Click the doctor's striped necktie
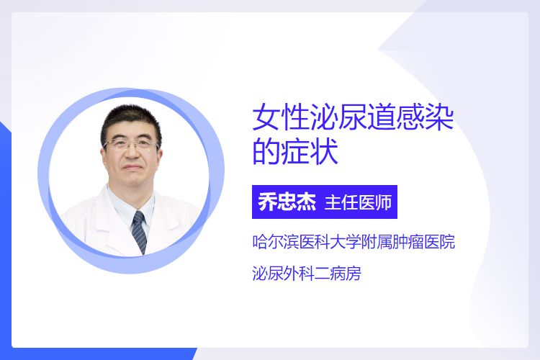point(140,232)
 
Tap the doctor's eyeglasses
point(131,144)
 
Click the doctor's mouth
point(131,168)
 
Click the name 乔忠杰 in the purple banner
point(287,202)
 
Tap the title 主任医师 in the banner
point(358,202)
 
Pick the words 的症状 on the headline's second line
point(295,152)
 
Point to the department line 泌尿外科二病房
point(307,274)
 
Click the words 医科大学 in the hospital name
point(329,241)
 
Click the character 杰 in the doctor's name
point(306,202)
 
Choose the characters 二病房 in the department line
point(338,274)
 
